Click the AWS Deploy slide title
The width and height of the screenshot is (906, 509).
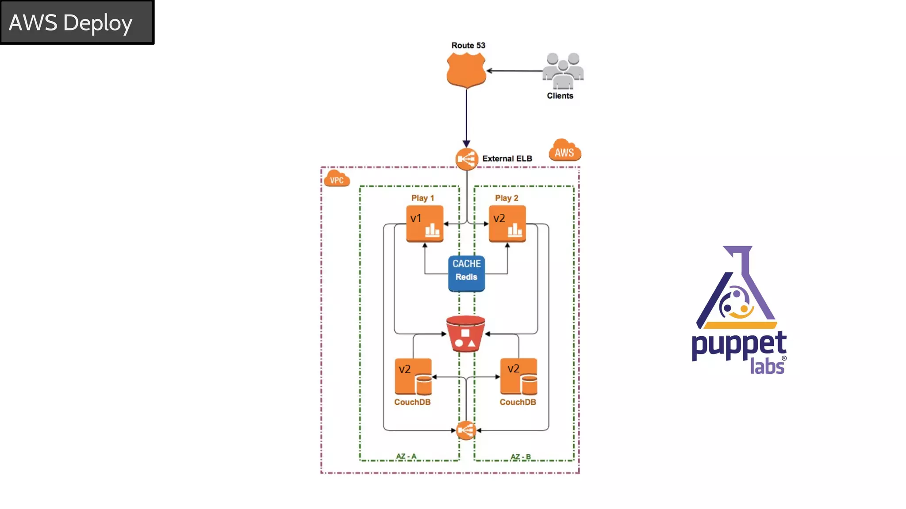pos(71,23)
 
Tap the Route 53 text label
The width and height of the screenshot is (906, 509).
pos(468,46)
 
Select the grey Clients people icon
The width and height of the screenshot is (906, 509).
pos(563,71)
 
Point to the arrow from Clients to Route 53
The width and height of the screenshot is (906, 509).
pos(514,71)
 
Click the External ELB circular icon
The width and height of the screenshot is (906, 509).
pos(466,159)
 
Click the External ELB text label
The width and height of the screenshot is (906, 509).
pos(507,159)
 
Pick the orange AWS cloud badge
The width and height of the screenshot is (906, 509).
pos(564,151)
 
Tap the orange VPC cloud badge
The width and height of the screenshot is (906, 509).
pos(337,179)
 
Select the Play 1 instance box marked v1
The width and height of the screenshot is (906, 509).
pos(425,224)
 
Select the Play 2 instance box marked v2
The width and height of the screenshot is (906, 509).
pos(507,224)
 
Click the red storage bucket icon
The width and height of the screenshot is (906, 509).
pos(465,334)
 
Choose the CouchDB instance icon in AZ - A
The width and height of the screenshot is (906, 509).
pos(413,377)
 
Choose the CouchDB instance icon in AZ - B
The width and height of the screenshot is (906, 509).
pos(518,377)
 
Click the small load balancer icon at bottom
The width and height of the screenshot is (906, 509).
pos(466,430)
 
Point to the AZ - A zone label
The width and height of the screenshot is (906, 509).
pos(406,456)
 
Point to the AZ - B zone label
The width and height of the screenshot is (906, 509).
pos(520,456)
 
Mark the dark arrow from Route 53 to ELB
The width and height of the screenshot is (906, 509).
pos(466,117)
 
